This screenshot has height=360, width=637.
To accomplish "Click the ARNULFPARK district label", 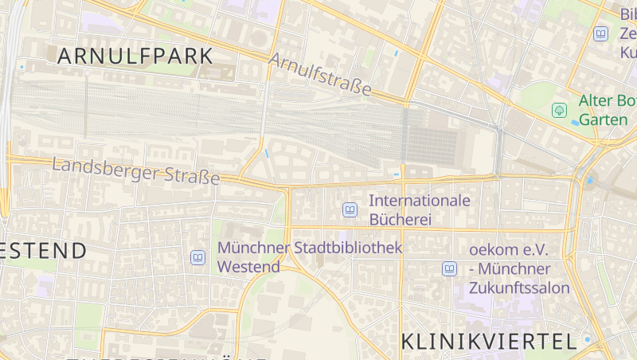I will click(x=135, y=57).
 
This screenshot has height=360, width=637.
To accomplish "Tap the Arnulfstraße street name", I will click(x=320, y=75).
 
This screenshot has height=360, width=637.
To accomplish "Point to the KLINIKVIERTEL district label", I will click(x=488, y=342).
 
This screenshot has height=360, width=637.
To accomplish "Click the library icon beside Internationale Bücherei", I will click(x=350, y=209).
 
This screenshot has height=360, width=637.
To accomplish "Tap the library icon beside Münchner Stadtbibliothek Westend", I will click(x=197, y=257).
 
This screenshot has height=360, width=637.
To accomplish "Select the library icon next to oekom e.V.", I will click(x=450, y=269).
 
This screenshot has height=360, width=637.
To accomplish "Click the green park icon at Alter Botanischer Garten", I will click(x=560, y=110).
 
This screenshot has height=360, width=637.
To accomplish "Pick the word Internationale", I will click(x=420, y=201).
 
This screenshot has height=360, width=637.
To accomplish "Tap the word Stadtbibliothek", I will click(x=348, y=248).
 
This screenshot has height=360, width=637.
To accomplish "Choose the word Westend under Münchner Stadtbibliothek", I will click(x=248, y=267).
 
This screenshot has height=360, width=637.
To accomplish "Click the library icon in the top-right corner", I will click(x=600, y=33).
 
